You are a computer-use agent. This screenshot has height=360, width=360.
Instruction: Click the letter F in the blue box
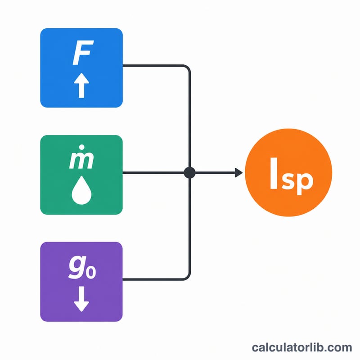pyautogui.click(x=83, y=53)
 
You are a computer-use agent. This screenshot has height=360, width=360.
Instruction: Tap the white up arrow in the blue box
pyautogui.click(x=81, y=85)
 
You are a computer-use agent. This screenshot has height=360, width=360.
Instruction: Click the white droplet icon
pyautogui.click(x=81, y=190)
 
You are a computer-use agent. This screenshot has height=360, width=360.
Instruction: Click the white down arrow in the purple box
pyautogui.click(x=81, y=299)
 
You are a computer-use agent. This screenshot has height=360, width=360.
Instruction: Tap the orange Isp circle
pyautogui.click(x=288, y=172)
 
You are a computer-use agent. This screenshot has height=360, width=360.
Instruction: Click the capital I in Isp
pyautogui.click(x=274, y=173)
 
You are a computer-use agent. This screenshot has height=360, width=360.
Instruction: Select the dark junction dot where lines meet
pyautogui.click(x=189, y=173)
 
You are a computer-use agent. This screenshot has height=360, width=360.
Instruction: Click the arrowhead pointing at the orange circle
pyautogui.click(x=239, y=173)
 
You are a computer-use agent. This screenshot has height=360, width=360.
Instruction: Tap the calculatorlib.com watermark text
pyautogui.click(x=302, y=347)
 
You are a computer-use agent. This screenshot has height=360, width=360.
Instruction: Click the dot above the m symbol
pyautogui.click(x=82, y=147)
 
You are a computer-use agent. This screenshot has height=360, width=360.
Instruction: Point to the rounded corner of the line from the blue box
pyautogui.click(x=188, y=68)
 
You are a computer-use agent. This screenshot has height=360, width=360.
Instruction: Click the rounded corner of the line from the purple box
pyautogui.click(x=188, y=277)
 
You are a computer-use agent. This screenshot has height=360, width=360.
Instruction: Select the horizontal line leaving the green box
pyautogui.click(x=153, y=173)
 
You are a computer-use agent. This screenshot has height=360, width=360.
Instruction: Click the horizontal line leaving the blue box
pyautogui.click(x=153, y=66)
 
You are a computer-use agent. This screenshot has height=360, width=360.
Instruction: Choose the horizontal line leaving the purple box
pyautogui.click(x=153, y=279)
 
